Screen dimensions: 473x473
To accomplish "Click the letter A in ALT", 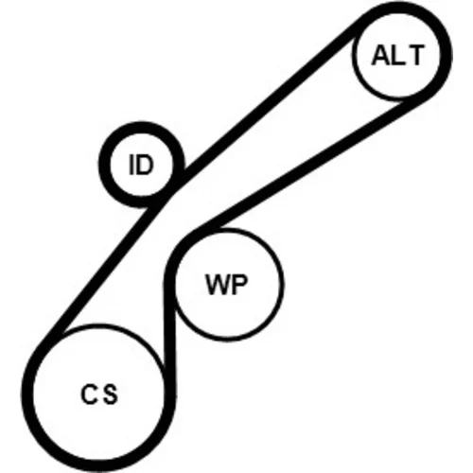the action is coord(381,55).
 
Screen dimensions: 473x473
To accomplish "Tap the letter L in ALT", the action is coord(398,55).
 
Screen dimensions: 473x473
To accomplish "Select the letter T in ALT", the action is coord(414,55).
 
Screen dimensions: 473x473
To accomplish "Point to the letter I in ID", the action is coord(131,165).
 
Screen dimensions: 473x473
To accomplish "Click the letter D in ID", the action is coord(145,165).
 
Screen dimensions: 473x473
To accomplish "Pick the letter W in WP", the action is coord(217,284).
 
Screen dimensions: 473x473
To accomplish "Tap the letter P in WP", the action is coord(239,284).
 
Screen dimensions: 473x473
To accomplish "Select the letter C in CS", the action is coord(89,394).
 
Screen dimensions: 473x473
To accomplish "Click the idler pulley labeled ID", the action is coord(141,165).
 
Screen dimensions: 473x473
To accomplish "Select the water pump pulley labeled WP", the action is coord(228,284).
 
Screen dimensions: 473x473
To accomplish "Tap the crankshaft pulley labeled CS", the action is coord(98,394).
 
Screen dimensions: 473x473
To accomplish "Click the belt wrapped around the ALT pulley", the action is coord(447,55).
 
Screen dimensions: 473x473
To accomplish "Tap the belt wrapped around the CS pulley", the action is coord(26,394).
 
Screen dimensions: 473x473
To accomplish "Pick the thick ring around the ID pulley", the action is coord(104,165).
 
